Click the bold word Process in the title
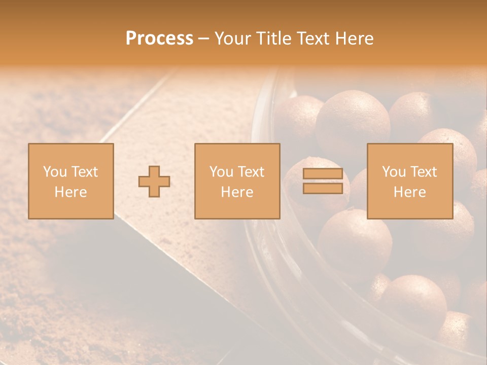(159, 39)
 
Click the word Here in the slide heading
(355, 39)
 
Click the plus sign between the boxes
(154, 181)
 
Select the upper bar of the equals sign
(323, 173)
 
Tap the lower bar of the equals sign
(323, 189)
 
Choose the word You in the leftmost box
(54, 172)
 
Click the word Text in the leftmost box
(84, 172)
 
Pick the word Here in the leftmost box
(71, 192)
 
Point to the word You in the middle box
(221, 172)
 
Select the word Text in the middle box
(250, 172)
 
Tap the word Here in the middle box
(237, 192)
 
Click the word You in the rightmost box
(393, 172)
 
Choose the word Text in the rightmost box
(423, 172)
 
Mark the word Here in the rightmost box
(409, 192)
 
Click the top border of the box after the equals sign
(410, 144)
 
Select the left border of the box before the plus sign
(28, 181)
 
